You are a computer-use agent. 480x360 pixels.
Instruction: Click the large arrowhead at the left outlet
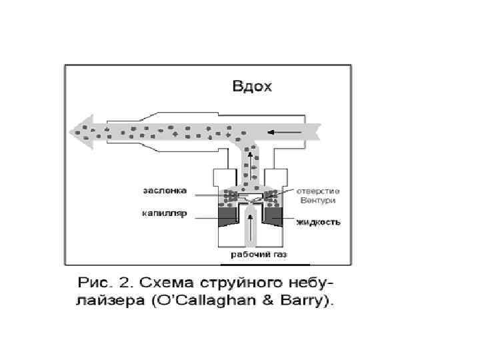[83, 131]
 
